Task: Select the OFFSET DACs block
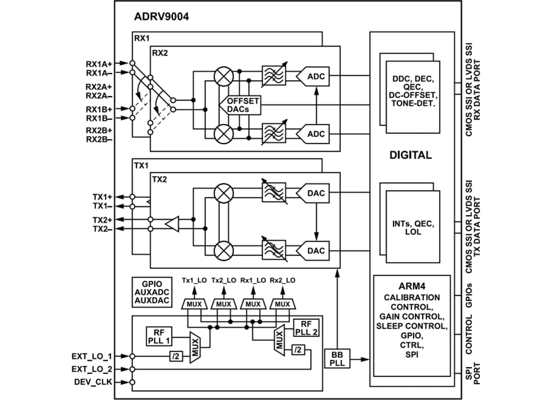243,105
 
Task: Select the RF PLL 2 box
306,328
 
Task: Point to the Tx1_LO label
194,280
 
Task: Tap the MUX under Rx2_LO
283,304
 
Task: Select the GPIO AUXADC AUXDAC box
152,292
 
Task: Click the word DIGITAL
410,155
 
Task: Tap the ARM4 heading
411,285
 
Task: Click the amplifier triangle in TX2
172,224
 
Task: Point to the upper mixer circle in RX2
223,77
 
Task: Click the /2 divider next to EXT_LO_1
176,356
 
